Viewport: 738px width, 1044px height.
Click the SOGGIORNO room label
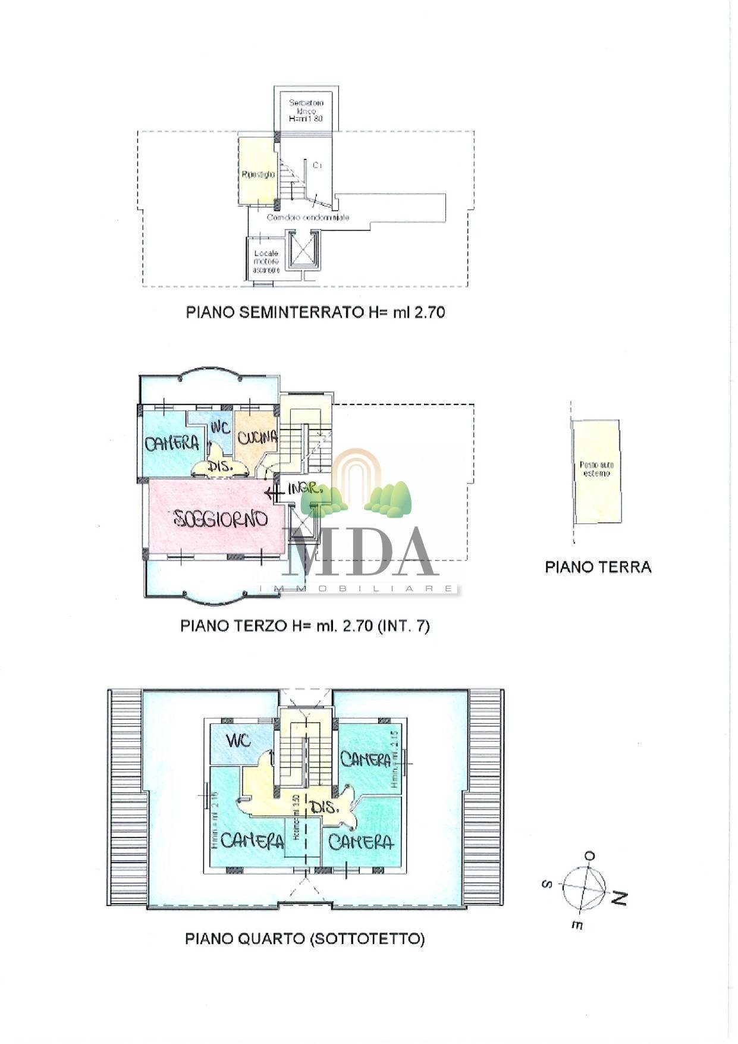pyautogui.click(x=221, y=519)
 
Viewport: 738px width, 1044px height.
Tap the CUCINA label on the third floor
pyautogui.click(x=257, y=437)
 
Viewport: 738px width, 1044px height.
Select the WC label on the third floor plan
pyautogui.click(x=221, y=428)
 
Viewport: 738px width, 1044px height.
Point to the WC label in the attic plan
pyautogui.click(x=238, y=741)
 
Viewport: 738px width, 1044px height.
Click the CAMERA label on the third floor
pyautogui.click(x=171, y=443)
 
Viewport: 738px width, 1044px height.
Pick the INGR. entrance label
pyautogui.click(x=305, y=489)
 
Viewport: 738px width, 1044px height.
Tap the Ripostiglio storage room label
pyautogui.click(x=258, y=174)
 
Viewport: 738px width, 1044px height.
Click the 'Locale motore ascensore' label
pyautogui.click(x=266, y=261)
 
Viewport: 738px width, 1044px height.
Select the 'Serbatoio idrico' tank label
pyautogui.click(x=306, y=111)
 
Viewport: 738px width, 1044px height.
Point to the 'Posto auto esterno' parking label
pyautogui.click(x=596, y=469)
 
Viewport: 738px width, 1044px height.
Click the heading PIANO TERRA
pyautogui.click(x=598, y=567)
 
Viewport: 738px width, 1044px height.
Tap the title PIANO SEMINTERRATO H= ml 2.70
pyautogui.click(x=315, y=312)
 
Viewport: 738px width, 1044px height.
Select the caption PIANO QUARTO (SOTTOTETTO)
pyautogui.click(x=305, y=939)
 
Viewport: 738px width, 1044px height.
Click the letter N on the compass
pyautogui.click(x=619, y=898)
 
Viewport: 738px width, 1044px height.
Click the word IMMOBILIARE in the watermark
pyautogui.click(x=357, y=588)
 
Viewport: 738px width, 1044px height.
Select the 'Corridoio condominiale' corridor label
pyautogui.click(x=307, y=218)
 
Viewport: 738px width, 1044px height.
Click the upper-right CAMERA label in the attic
pyautogui.click(x=365, y=758)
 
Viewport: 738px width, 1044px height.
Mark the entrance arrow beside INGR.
pyautogui.click(x=274, y=493)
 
